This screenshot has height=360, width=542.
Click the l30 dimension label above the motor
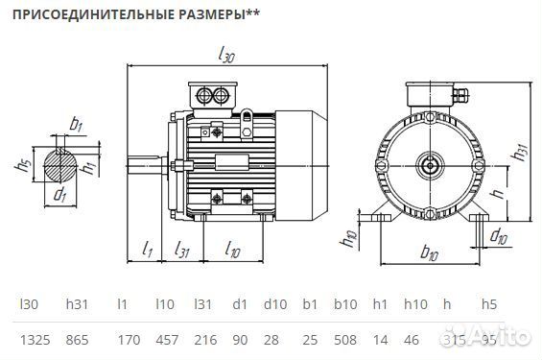click(226, 56)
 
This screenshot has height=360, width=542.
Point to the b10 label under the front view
click(430, 253)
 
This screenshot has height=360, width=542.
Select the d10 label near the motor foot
click(499, 235)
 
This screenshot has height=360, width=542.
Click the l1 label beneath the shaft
click(148, 249)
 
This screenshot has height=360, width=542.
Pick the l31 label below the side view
click(182, 250)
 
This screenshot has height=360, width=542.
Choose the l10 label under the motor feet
click(232, 250)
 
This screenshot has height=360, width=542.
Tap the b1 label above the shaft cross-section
click(77, 124)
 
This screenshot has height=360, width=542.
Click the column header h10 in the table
click(414, 304)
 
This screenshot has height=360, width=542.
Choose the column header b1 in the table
click(309, 304)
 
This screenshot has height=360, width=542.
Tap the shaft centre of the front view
click(429, 163)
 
